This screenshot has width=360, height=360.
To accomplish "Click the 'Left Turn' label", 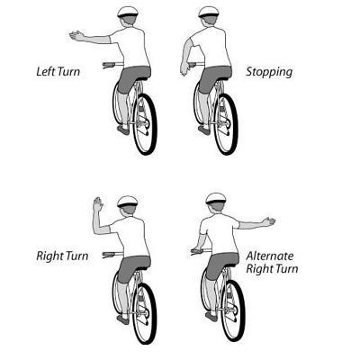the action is (x=58, y=72).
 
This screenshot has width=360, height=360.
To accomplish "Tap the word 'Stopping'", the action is (x=269, y=72).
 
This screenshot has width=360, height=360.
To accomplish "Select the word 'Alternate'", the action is (x=270, y=256).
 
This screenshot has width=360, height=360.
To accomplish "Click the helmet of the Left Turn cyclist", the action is (x=128, y=12).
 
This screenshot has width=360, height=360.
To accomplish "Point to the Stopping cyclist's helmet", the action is (x=209, y=12).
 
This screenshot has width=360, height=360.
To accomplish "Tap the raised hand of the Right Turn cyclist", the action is (x=98, y=204).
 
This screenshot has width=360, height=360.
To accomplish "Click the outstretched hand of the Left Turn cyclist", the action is (x=76, y=36).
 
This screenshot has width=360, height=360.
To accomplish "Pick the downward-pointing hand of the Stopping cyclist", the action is (x=184, y=68).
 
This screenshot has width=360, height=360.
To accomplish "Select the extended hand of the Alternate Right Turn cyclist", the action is (x=269, y=221).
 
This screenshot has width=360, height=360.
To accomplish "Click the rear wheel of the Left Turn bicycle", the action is (x=145, y=124).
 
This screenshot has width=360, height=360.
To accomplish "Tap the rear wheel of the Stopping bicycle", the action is (x=226, y=124).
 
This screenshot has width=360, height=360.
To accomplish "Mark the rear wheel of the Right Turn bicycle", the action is (x=145, y=313).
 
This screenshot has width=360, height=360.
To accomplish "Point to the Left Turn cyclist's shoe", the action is (x=123, y=130).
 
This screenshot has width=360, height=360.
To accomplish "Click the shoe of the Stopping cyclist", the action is (x=204, y=130).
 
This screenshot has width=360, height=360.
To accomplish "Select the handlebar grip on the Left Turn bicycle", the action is (x=108, y=65).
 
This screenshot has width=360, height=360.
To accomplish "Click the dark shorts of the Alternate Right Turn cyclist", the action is (x=222, y=265).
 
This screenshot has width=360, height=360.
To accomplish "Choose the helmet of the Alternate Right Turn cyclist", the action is (x=216, y=199).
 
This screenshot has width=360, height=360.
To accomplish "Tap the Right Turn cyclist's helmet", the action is (x=128, y=202).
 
